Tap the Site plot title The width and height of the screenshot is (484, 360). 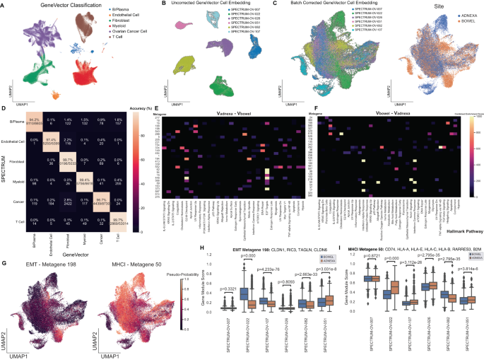tap(439, 6)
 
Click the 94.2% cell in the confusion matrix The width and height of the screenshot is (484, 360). tap(32, 123)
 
